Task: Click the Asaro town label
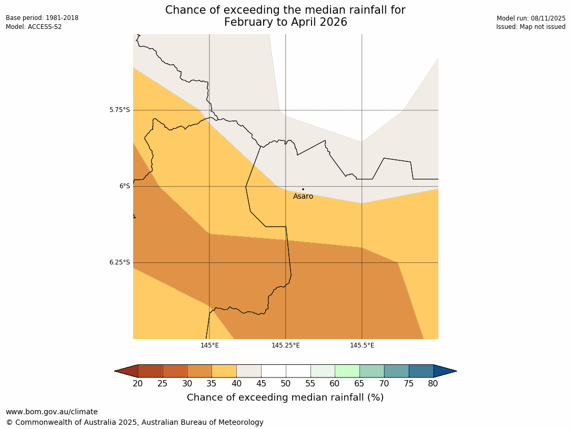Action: coord(303,197)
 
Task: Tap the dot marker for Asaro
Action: coord(303,189)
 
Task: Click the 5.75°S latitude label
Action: coord(119,110)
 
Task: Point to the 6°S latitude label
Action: coord(124,186)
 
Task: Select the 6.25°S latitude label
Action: coord(119,262)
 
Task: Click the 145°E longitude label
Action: coord(209,345)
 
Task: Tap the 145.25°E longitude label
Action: coord(286,345)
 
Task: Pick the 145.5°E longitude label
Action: coord(362,345)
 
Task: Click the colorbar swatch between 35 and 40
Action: coord(224,371)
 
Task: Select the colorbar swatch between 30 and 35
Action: coord(199,371)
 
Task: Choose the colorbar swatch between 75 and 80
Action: coord(421,371)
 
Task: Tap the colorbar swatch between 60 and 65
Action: coord(347,371)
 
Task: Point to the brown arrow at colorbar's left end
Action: coord(127,371)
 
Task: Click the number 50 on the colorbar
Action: coord(286,384)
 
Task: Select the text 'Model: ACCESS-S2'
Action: coord(34,27)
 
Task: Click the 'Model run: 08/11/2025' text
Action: coord(531,18)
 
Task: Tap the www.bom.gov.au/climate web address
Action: coord(52,412)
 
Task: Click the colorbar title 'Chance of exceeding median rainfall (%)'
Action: coord(285,397)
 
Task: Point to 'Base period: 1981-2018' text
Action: coord(42,18)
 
